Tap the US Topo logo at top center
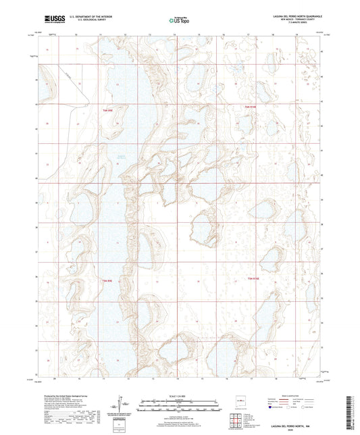[x=178, y=21]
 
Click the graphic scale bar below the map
[x=180, y=403]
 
